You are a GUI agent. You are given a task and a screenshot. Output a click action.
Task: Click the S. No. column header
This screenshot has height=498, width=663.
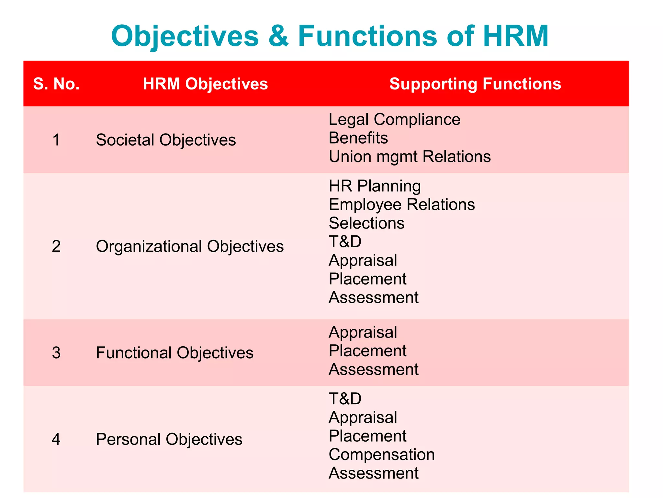click(56, 84)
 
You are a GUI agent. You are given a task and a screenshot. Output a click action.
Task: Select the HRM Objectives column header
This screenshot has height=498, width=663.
click(205, 84)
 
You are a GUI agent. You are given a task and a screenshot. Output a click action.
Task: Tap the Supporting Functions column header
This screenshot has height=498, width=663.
click(475, 84)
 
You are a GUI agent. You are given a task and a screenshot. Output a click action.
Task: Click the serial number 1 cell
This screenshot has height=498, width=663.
click(56, 140)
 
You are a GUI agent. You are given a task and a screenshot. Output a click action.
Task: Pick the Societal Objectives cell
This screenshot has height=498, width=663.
click(166, 140)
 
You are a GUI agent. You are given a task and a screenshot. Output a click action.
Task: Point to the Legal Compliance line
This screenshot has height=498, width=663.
click(394, 119)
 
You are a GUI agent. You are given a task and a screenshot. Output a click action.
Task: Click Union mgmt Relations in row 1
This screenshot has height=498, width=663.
click(410, 156)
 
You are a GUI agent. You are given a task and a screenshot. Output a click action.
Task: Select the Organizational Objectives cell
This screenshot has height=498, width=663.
click(190, 246)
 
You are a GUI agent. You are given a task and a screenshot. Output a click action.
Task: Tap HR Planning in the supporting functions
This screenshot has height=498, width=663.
click(375, 186)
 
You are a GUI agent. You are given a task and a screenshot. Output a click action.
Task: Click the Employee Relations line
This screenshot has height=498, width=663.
click(401, 205)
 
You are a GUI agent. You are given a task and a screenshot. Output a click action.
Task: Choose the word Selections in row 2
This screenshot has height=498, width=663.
click(366, 223)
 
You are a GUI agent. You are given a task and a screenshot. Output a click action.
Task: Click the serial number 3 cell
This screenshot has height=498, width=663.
click(56, 353)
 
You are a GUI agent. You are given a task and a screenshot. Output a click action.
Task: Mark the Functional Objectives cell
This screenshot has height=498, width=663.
click(174, 353)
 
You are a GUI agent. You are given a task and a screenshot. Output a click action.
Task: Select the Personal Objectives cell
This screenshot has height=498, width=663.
click(169, 439)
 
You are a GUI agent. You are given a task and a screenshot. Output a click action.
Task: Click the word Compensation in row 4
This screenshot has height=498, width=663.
click(381, 455)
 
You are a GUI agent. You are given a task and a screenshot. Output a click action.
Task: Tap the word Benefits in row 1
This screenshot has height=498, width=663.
click(358, 138)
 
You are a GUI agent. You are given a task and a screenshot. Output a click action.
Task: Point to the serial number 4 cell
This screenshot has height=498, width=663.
click(56, 439)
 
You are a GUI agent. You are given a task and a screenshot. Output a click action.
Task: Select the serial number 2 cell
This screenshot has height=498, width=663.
click(56, 246)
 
